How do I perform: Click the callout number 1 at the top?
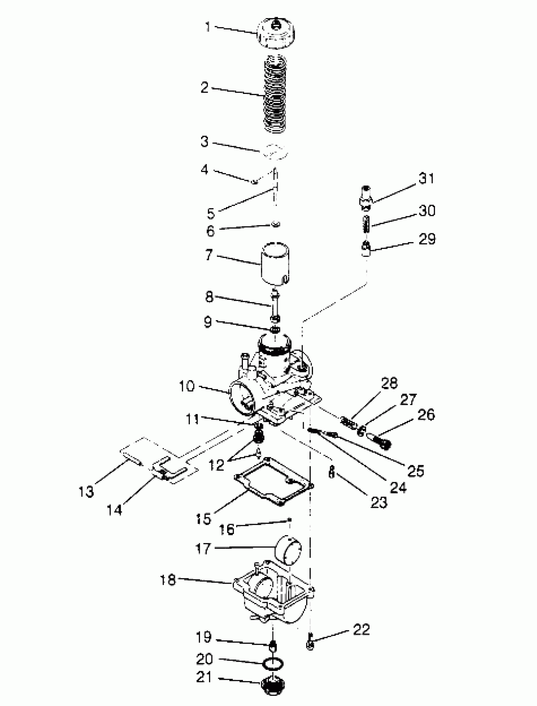[208, 27]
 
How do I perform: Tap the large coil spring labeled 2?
[275, 94]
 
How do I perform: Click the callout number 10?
[187, 386]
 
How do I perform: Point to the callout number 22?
[361, 629]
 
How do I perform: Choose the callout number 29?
[427, 239]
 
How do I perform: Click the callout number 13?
[86, 491]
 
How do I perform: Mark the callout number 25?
[415, 471]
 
